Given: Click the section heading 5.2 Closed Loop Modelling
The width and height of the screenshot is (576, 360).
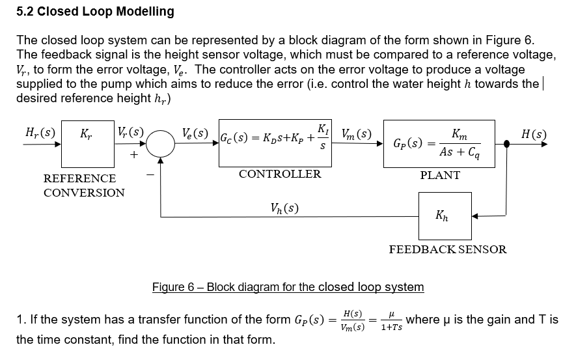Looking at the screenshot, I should [x=95, y=11].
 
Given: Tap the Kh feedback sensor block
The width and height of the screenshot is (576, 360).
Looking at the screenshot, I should [x=445, y=215].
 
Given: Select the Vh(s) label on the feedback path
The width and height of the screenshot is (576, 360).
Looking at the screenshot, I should [x=284, y=208].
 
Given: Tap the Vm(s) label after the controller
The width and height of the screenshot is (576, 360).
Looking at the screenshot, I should [x=356, y=134].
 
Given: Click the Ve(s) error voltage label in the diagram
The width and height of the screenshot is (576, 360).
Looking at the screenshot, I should [x=196, y=134].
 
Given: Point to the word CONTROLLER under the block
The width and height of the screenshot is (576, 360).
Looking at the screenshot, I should [x=280, y=174].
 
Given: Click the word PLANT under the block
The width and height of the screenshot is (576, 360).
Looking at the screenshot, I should [x=440, y=175].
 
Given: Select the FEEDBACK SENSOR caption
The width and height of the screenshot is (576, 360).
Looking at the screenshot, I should [x=448, y=249].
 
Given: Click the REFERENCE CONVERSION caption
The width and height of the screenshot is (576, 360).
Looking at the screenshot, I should [x=84, y=186].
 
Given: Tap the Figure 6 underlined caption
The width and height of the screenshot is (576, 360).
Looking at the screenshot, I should [x=288, y=287].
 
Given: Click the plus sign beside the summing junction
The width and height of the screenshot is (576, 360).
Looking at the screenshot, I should [x=134, y=155].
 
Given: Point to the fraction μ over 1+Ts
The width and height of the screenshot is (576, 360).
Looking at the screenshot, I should [x=391, y=320].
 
